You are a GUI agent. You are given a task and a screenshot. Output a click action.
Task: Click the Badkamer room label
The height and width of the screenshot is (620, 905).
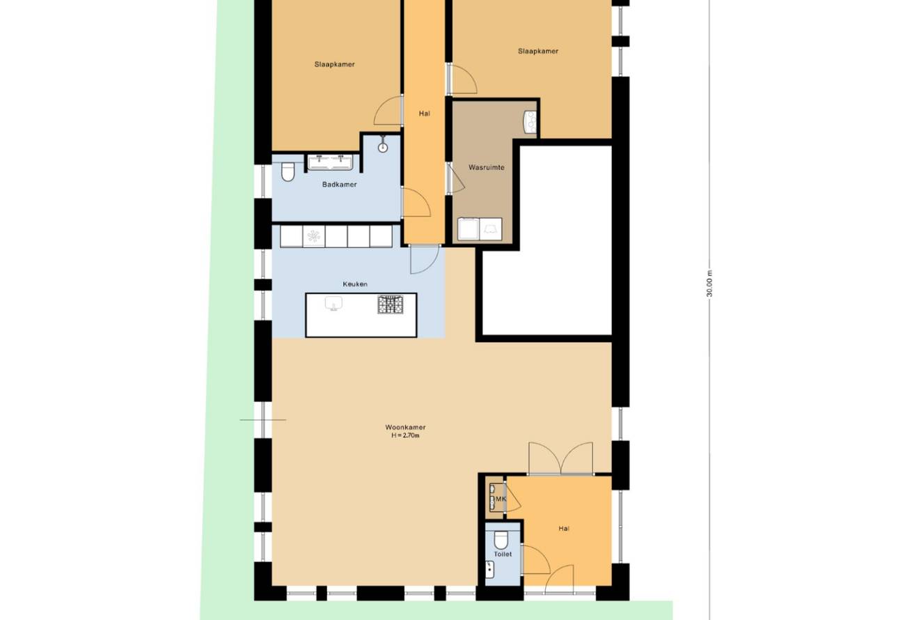coord(340,185)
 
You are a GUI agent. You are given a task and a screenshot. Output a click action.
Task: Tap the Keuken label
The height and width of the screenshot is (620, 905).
coord(355,284)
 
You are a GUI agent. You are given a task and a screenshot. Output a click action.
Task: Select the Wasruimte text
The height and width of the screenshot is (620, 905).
coord(487,167)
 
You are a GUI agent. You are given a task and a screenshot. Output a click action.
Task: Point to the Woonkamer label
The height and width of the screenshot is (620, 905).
coord(405,427)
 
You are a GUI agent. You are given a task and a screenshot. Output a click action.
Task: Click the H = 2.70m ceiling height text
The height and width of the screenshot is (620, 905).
coord(405,435)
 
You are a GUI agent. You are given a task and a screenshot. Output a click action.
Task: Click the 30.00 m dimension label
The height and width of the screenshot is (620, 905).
coord(710,284)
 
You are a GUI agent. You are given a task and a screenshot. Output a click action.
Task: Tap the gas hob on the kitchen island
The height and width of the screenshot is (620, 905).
coord(391,304)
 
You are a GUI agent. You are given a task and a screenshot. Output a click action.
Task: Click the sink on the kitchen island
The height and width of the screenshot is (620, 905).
coord(333,304)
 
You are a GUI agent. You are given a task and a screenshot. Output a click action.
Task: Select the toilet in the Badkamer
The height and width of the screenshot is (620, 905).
coord(288,172)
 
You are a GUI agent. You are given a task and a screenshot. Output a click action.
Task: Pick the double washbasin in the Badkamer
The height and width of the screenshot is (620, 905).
coord(331,162)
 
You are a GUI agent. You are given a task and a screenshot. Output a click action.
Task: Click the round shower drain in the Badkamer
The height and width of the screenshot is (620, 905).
coord(383,148)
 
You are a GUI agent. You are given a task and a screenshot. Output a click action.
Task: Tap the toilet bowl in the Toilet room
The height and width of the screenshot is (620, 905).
coord(501,540)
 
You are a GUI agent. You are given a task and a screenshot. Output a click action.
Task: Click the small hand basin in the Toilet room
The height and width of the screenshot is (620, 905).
coord(489,569)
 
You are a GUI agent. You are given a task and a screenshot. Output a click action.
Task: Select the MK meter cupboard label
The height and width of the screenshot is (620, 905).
coord(501,499)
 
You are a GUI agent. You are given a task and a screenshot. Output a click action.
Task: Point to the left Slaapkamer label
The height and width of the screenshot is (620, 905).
coord(335,64)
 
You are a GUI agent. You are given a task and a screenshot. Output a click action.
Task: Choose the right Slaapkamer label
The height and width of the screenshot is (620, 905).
coord(538,52)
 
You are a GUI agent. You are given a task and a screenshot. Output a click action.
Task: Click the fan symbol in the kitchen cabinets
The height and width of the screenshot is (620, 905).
coord(313,236)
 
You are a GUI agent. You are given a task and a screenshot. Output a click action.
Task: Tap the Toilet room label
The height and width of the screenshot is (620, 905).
coord(503,554)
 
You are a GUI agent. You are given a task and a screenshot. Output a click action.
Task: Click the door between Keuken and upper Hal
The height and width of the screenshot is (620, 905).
coord(424,258)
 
